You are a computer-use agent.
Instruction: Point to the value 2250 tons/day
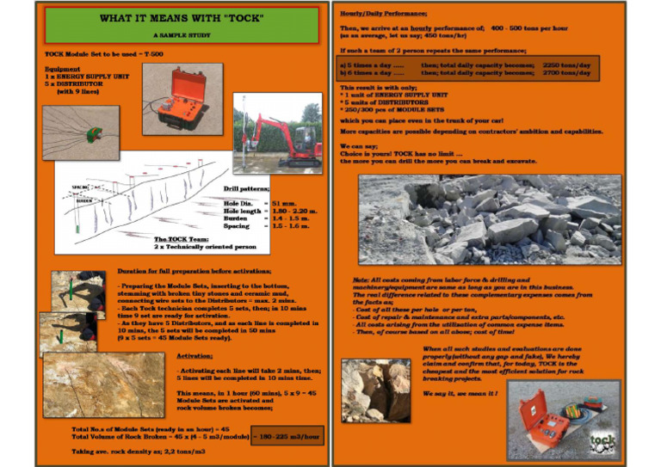pos(565,65)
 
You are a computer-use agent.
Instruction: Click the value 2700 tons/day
pos(565,73)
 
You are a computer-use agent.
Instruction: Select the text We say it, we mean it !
pos(459,393)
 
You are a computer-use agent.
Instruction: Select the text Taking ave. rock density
pos(126,451)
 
